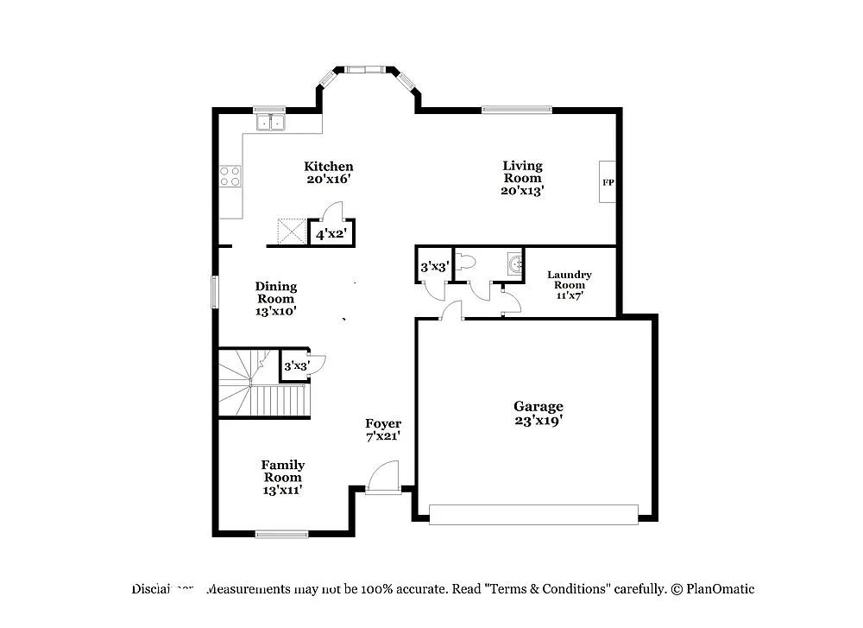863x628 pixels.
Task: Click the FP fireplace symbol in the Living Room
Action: tap(608, 182)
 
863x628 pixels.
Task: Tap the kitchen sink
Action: tap(270, 123)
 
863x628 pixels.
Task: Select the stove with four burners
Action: tap(230, 176)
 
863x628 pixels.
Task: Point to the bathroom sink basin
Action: tap(514, 264)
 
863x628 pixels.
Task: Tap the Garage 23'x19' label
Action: tap(539, 413)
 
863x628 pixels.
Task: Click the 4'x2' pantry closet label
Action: tap(331, 234)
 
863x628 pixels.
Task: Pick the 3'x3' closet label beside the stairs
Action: tap(295, 366)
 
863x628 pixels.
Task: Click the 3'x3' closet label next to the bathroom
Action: tap(432, 268)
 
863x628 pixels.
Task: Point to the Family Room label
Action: tap(283, 477)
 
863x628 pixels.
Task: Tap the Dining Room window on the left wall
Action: tap(215, 290)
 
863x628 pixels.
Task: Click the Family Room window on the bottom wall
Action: tap(281, 534)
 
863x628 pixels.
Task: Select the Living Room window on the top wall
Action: tap(516, 109)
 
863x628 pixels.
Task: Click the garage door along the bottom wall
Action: tap(533, 514)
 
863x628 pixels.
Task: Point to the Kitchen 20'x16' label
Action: tap(328, 173)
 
